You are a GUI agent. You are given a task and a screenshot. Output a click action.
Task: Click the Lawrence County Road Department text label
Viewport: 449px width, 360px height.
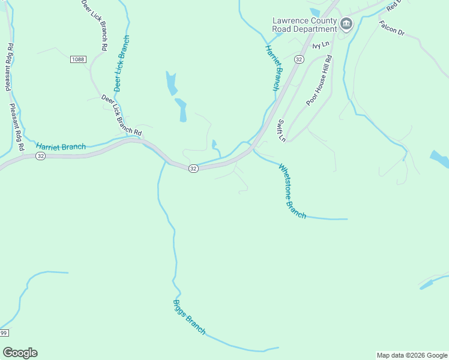click(304, 25)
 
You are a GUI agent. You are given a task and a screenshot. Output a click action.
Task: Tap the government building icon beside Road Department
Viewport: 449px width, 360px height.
click(346, 24)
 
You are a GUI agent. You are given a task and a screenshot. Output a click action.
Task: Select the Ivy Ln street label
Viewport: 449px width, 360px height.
click(321, 45)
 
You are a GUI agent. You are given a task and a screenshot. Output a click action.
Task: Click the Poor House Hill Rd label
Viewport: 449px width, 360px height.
click(319, 80)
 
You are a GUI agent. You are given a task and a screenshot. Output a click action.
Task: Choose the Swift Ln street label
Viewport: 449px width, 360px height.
click(280, 130)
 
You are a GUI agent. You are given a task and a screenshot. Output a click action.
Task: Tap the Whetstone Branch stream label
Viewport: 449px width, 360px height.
click(292, 191)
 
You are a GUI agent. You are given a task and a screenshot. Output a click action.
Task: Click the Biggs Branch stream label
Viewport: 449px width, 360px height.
click(189, 317)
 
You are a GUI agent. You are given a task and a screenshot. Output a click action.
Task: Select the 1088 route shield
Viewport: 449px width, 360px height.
click(78, 59)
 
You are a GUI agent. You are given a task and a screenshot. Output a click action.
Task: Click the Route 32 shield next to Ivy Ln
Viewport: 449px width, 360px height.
click(300, 59)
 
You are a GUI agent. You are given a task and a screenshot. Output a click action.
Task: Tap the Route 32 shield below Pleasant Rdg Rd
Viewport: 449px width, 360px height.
click(40, 155)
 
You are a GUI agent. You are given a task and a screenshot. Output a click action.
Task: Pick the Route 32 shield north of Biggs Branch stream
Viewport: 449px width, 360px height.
click(193, 169)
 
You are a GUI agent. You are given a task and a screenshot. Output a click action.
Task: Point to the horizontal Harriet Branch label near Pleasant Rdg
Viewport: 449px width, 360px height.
click(61, 146)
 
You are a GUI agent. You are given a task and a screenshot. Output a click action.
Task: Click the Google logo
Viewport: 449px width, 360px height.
click(20, 353)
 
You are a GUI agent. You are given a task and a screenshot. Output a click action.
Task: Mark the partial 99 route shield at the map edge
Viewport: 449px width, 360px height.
click(4, 333)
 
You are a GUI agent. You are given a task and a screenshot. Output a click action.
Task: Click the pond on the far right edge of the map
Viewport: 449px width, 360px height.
click(440, 159)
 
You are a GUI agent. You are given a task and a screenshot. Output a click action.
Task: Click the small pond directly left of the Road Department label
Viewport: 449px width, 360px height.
click(315, 12)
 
